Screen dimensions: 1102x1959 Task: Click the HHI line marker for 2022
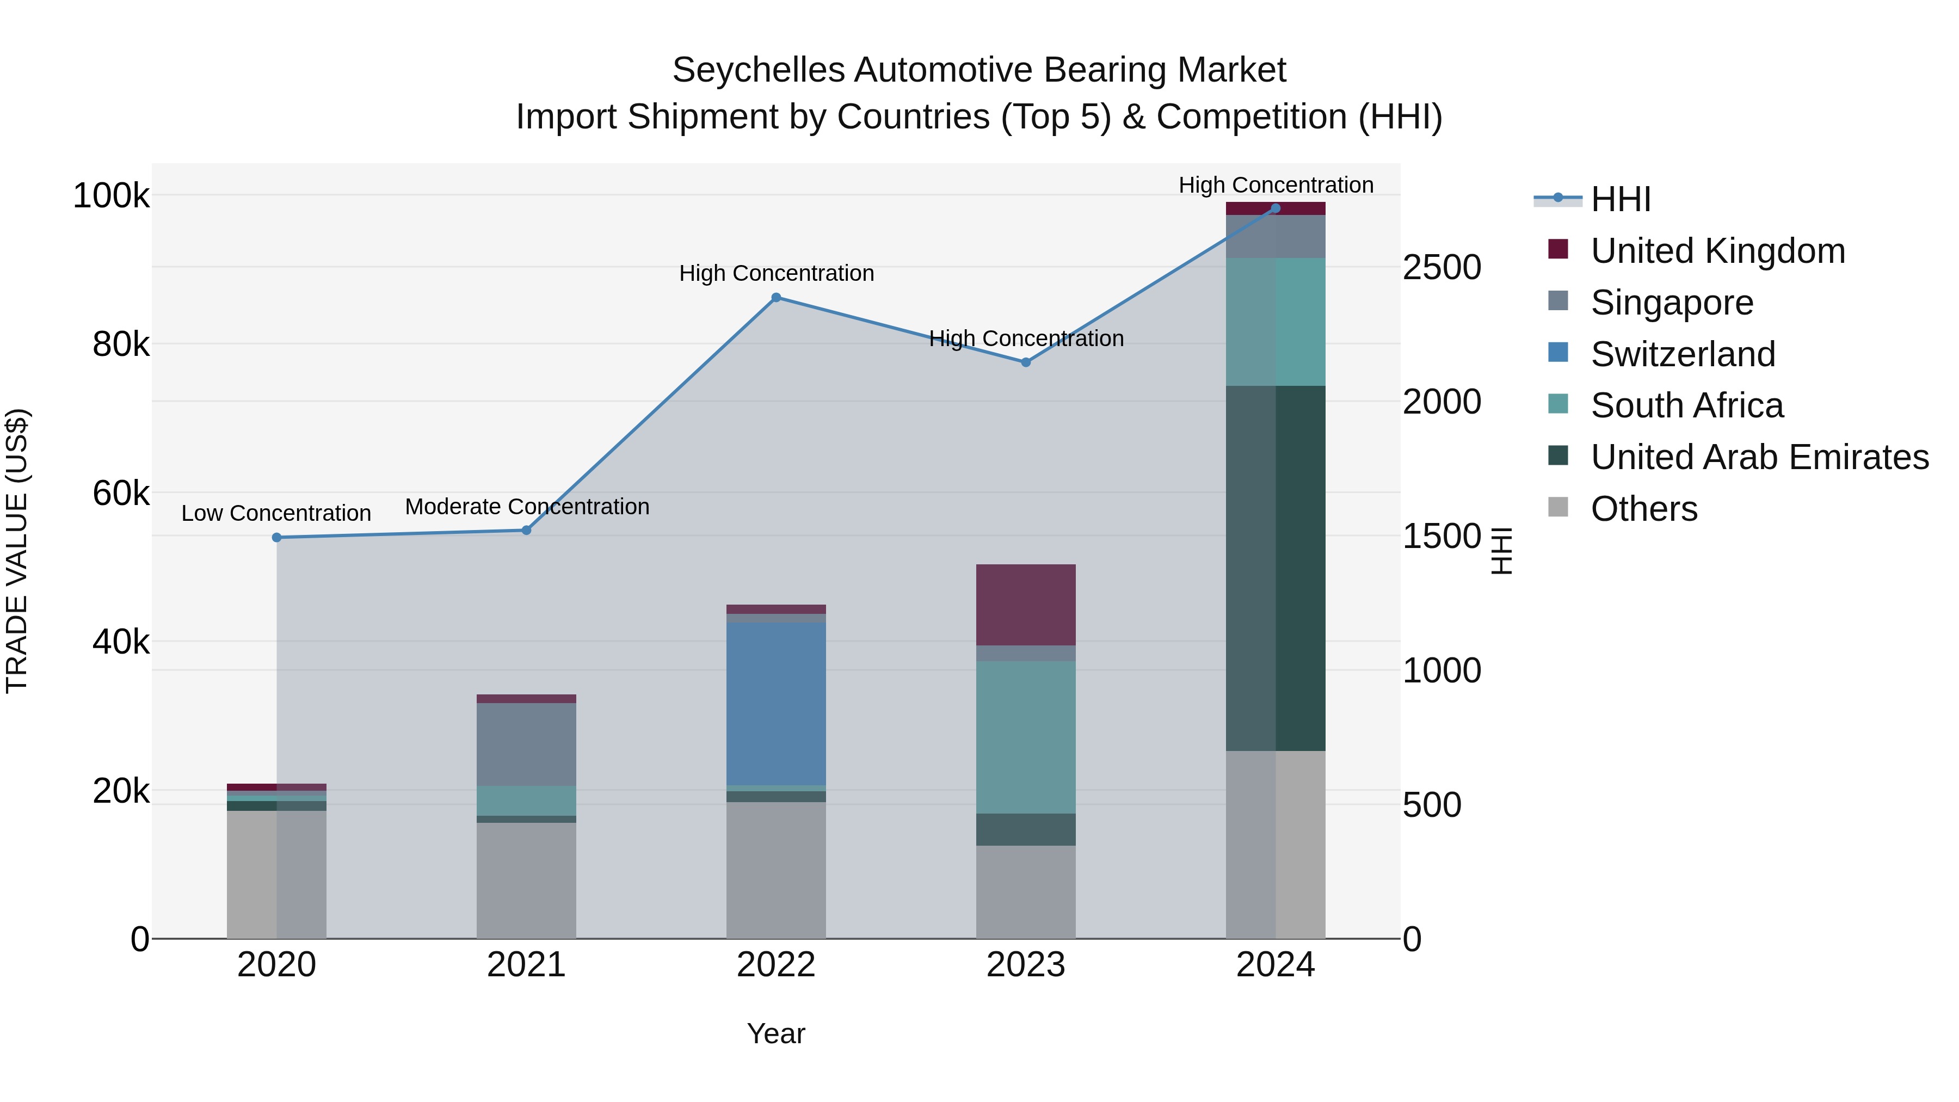[775, 297]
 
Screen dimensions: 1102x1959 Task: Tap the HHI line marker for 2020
[277, 538]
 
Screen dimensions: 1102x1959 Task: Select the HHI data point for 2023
[1025, 363]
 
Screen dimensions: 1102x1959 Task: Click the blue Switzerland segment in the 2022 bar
[775, 704]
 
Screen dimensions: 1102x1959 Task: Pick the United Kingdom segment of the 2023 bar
[1025, 605]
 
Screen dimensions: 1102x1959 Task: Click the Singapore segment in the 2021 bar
[526, 744]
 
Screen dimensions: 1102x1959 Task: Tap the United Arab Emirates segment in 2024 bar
[1276, 568]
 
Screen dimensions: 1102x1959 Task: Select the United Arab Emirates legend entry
[1759, 457]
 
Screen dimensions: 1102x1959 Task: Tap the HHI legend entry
[1620, 199]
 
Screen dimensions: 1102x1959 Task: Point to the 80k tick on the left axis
[121, 344]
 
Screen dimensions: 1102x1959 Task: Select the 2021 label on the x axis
[526, 965]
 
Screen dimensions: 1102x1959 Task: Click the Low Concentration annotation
[276, 513]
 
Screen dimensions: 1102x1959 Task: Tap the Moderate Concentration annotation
[527, 507]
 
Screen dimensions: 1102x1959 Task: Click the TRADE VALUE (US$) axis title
[17, 551]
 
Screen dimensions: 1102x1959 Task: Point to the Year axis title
[775, 1033]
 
